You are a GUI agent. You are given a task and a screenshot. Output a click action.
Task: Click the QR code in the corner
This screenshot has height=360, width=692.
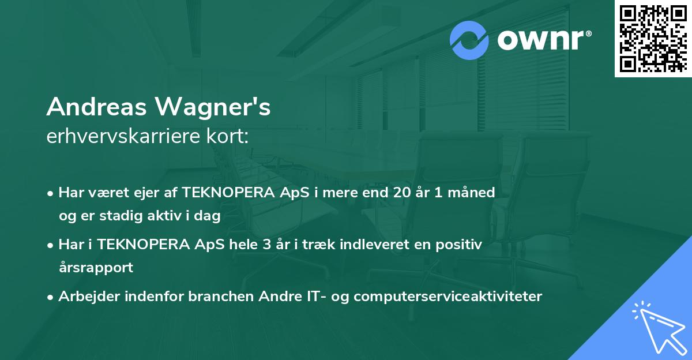click(x=653, y=38)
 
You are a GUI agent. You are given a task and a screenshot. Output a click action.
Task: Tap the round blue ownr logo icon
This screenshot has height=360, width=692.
click(x=469, y=40)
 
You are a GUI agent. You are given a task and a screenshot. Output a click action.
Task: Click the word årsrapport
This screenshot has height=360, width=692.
click(x=96, y=268)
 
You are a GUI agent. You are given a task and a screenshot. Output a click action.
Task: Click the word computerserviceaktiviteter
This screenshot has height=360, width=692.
click(x=448, y=297)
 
